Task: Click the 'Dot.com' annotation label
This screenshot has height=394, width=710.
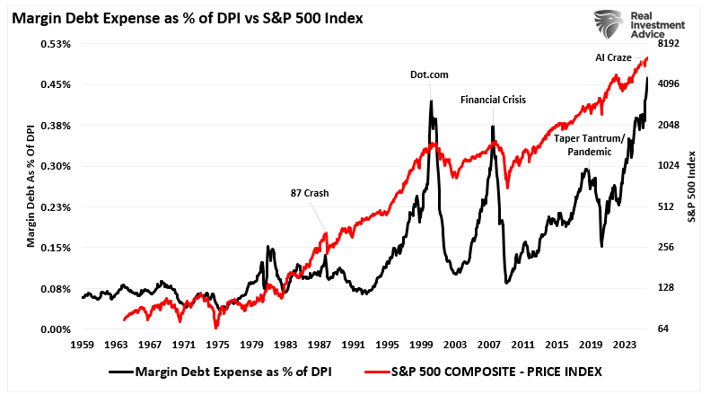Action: click(430, 75)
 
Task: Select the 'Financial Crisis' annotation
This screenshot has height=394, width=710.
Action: click(493, 100)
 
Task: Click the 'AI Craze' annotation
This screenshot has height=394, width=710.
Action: click(613, 57)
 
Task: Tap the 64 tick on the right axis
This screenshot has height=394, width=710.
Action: click(664, 329)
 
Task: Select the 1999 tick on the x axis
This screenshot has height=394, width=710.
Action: click(422, 344)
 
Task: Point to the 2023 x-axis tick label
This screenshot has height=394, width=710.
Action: click(627, 344)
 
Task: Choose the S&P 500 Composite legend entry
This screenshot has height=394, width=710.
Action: click(486, 370)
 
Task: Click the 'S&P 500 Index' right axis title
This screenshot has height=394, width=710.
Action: click(692, 187)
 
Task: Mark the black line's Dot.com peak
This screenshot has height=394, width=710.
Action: click(431, 101)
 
